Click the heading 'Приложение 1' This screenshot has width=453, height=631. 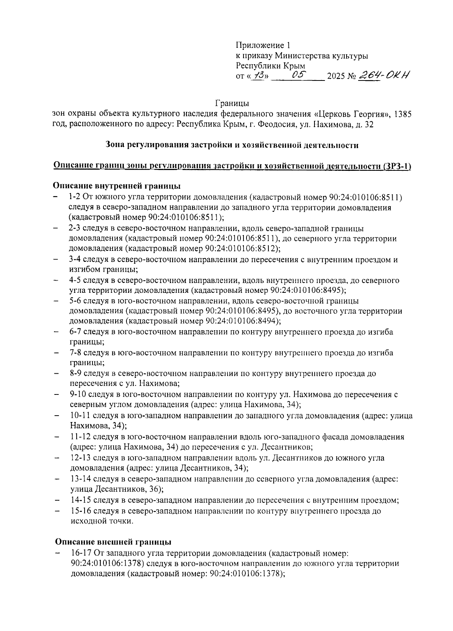263,46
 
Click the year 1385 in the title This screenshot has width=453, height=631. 402,114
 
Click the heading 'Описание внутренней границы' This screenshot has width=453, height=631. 116,186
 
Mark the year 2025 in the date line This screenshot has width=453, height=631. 336,77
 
